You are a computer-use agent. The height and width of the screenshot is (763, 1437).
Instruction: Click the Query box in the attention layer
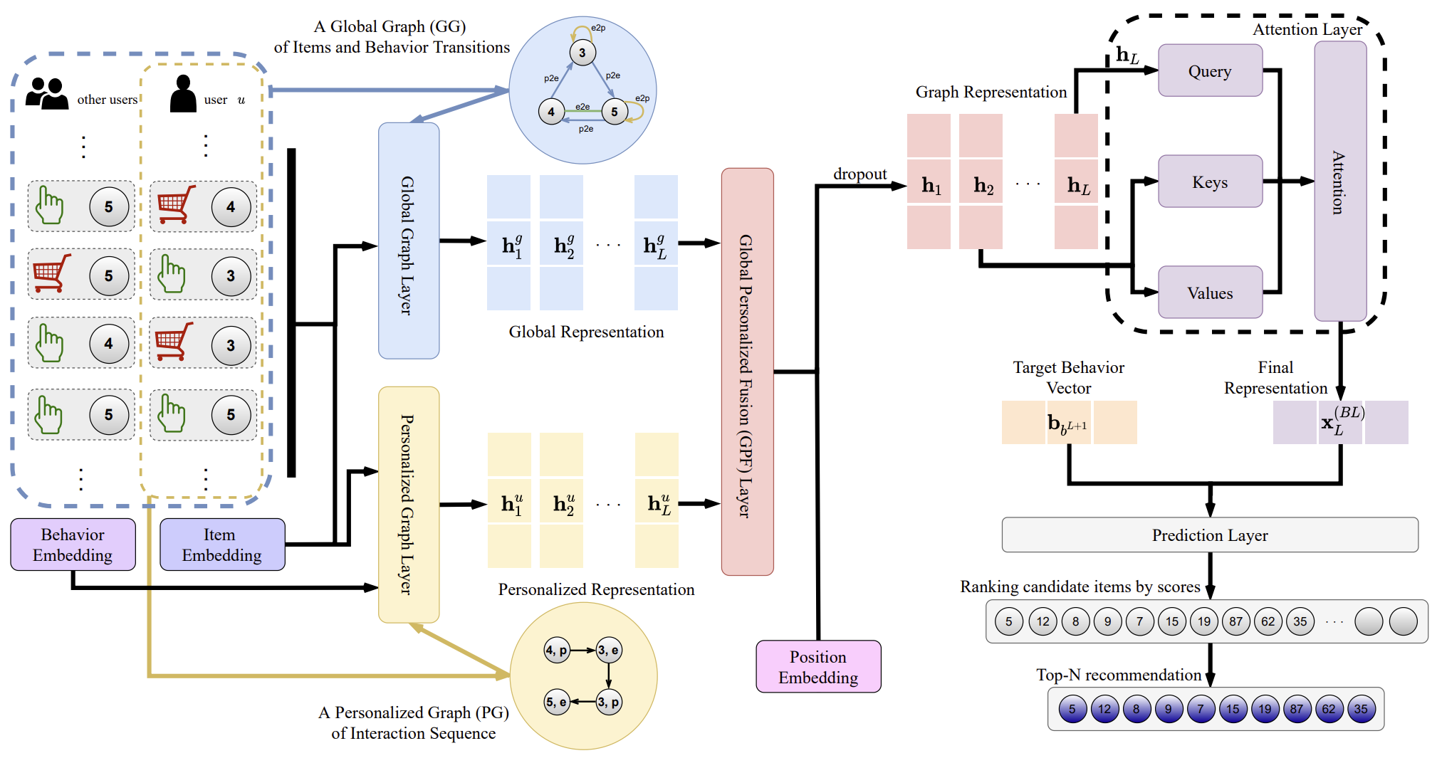(x=1210, y=70)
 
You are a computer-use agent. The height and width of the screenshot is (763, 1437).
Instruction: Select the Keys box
(x=1210, y=181)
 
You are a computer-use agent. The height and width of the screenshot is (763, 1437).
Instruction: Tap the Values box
(x=1210, y=293)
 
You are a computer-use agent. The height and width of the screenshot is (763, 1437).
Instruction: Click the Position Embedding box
(x=818, y=666)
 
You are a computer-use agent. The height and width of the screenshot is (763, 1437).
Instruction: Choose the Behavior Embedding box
(x=73, y=544)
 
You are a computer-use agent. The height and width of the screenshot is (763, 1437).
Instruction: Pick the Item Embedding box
(x=222, y=544)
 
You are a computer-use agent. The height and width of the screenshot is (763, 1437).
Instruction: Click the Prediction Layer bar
(x=1209, y=535)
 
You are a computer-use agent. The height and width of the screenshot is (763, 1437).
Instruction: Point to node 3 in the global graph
(x=582, y=53)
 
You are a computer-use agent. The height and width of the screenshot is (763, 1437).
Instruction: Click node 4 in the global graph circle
(x=551, y=112)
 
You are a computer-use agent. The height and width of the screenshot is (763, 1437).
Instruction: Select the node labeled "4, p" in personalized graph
(x=556, y=650)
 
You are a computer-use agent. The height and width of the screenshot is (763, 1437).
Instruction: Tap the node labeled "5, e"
(x=556, y=702)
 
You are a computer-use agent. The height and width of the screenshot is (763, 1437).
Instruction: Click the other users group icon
(x=46, y=93)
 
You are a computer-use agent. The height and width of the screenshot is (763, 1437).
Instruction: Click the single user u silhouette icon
(x=183, y=93)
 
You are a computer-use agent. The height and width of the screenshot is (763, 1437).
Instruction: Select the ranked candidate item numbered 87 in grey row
(x=1235, y=621)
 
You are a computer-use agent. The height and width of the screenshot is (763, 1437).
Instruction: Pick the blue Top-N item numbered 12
(x=1104, y=709)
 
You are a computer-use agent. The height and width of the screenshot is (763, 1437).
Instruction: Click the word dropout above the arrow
(x=860, y=174)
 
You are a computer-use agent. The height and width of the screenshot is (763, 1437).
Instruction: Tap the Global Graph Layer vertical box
(x=409, y=241)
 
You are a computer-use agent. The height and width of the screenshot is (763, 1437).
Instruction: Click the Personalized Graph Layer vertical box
(x=409, y=504)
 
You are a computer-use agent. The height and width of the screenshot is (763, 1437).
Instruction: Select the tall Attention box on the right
(x=1339, y=181)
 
